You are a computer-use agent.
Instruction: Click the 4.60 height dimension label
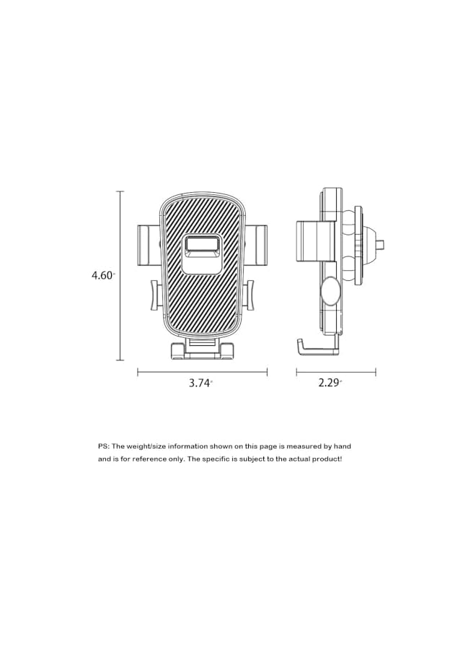click(x=102, y=275)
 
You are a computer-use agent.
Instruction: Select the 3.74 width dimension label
click(x=200, y=383)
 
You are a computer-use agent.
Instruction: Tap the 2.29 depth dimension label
click(x=330, y=383)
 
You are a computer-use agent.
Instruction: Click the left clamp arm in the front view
click(x=148, y=245)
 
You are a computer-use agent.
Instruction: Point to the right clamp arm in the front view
click(x=257, y=245)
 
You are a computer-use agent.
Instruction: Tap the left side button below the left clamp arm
click(x=156, y=295)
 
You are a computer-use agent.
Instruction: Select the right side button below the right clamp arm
click(x=248, y=295)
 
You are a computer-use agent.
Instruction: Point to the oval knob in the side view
click(x=330, y=291)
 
